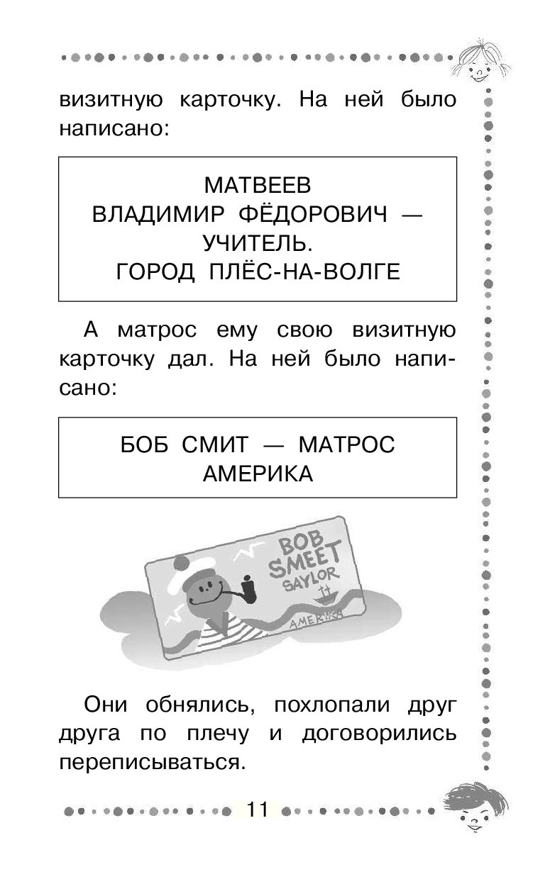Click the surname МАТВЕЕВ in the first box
pos(258,186)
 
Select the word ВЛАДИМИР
pos(158,215)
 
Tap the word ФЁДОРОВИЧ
pos(313,213)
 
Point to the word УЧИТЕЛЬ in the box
pos(258,243)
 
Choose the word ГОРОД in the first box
pos(155,272)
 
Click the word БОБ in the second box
pos(144,445)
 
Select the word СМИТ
pos(215,445)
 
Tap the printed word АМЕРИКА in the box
pos(258,474)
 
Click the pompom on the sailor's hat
pos(181,563)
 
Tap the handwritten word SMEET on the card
pos(305,560)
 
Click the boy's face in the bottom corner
pos(476,809)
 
